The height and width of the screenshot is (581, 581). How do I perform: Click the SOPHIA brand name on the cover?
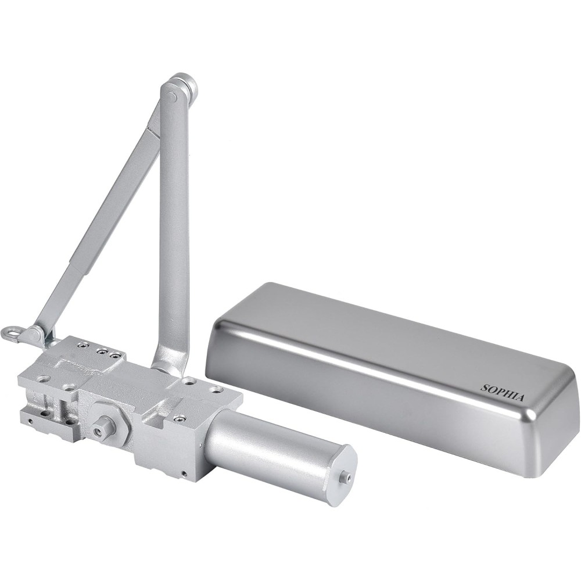(x=503, y=393)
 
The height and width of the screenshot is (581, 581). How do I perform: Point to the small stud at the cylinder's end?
(x=347, y=477)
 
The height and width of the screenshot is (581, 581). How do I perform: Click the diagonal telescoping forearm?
(x=99, y=232)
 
